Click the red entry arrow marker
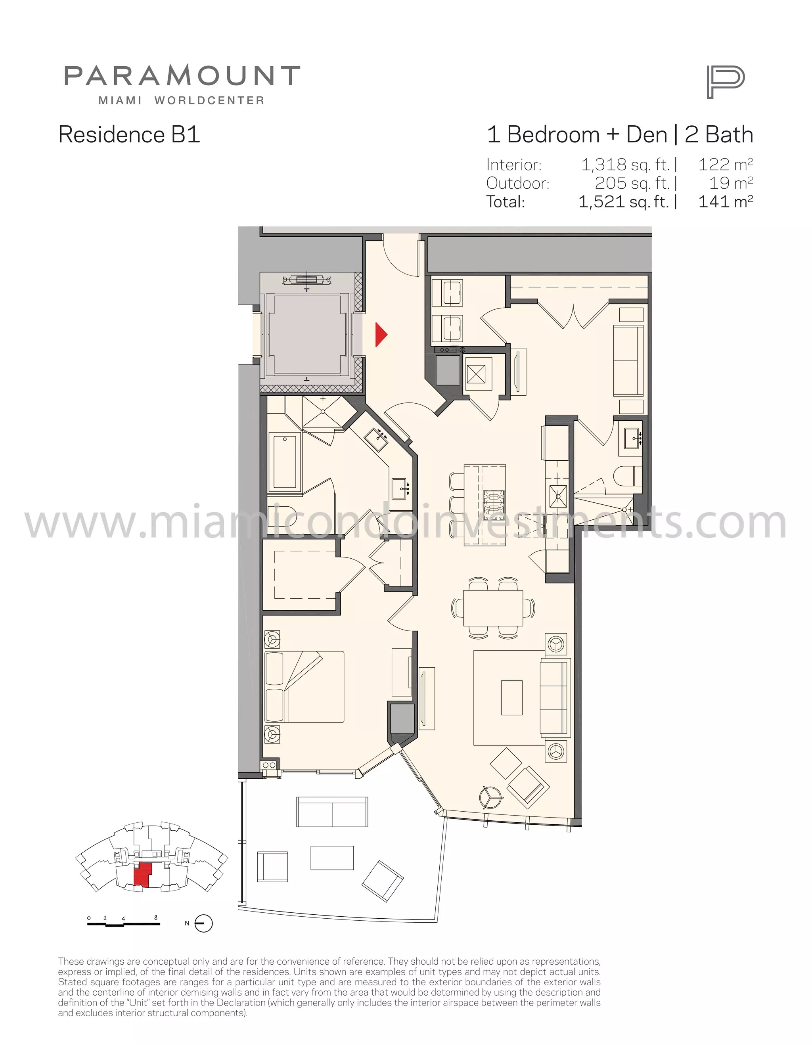(381, 335)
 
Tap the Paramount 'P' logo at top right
(725, 82)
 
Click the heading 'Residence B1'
(129, 134)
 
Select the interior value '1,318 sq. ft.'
(625, 165)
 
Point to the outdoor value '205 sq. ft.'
(632, 183)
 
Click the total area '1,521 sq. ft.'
(624, 202)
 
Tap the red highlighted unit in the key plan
(142, 875)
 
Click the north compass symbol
(204, 923)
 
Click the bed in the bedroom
(304, 686)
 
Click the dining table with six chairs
(493, 607)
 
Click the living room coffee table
(512, 697)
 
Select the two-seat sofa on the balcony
(332, 812)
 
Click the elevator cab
(307, 335)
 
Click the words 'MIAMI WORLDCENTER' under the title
(181, 101)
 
